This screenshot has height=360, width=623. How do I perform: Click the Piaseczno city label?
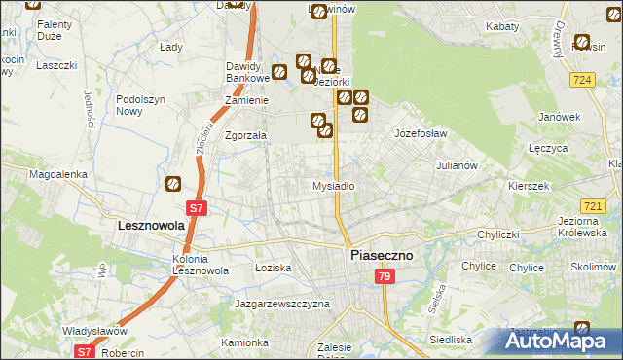pyautogui.click(x=381, y=255)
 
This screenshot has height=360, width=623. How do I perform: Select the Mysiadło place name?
pyautogui.click(x=333, y=185)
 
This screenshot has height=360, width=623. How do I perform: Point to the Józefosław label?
pyautogui.click(x=420, y=132)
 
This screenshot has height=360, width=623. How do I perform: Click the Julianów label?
pyautogui.click(x=457, y=165)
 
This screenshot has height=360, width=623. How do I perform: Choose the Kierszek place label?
pyautogui.click(x=529, y=185)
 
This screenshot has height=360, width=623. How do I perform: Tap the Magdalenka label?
pyautogui.click(x=58, y=175)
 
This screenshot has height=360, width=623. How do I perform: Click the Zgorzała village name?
pyautogui.click(x=245, y=136)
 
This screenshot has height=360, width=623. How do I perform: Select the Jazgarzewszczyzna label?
pyautogui.click(x=282, y=304)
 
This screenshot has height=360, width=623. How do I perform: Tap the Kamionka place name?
pyautogui.click(x=243, y=342)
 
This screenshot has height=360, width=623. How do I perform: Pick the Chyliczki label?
pyautogui.click(x=501, y=234)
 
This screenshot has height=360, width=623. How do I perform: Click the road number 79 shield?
pyautogui.click(x=385, y=278)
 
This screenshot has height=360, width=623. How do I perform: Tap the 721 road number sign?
pyautogui.click(x=592, y=207)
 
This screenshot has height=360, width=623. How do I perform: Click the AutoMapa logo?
pyautogui.click(x=563, y=341)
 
